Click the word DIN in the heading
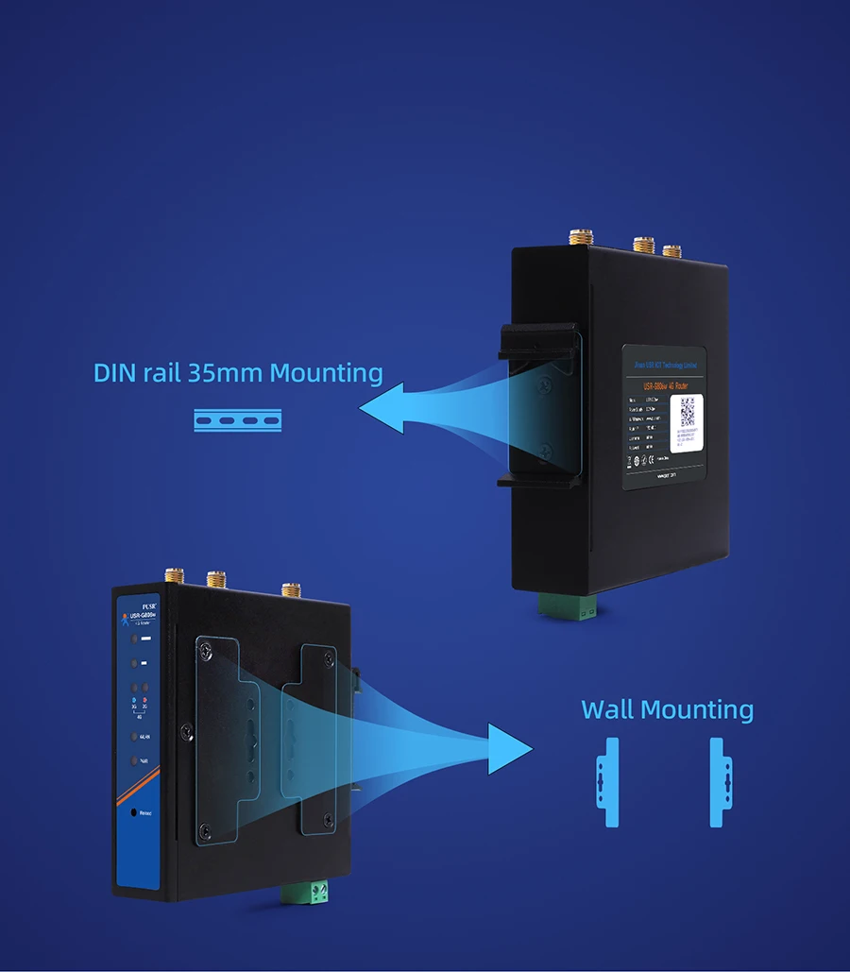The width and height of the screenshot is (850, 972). point(114,373)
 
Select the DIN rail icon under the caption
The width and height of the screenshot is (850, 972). point(238,420)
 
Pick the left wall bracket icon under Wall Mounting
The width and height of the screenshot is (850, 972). point(610,782)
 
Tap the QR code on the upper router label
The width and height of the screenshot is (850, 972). point(688,411)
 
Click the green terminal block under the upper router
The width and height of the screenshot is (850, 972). point(568,608)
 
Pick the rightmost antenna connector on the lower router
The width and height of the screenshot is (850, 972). point(291,590)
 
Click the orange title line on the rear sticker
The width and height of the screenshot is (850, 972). point(676,384)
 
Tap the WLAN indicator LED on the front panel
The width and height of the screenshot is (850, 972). point(134,737)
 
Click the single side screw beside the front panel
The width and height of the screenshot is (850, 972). point(187,729)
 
